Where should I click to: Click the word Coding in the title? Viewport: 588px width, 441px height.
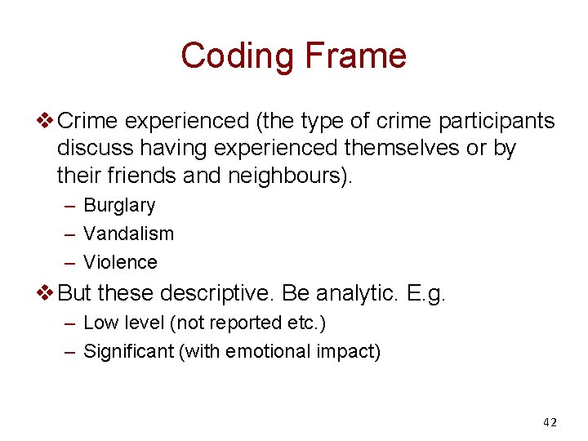point(238,56)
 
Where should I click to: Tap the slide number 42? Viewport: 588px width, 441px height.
point(550,422)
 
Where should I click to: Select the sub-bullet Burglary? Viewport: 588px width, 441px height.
point(119,206)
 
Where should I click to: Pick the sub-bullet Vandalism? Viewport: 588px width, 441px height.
point(128,234)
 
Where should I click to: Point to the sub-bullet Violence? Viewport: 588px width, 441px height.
point(120,262)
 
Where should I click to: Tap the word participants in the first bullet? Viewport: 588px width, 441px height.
point(497,122)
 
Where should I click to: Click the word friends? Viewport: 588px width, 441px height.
point(146,175)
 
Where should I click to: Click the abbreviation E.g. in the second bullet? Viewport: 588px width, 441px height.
point(425,292)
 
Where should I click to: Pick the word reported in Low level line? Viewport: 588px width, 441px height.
point(240,323)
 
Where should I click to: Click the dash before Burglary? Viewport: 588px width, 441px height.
point(69,206)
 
